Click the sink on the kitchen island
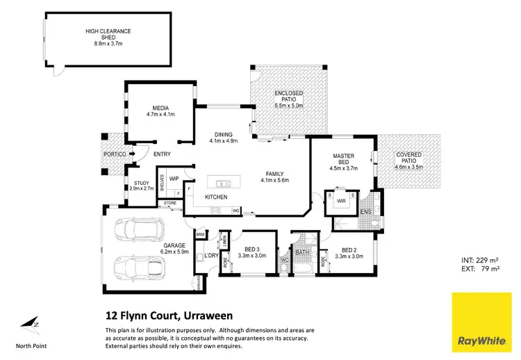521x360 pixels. (224, 184)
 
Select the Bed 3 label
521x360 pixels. (247, 252)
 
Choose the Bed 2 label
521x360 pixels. (345, 252)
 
